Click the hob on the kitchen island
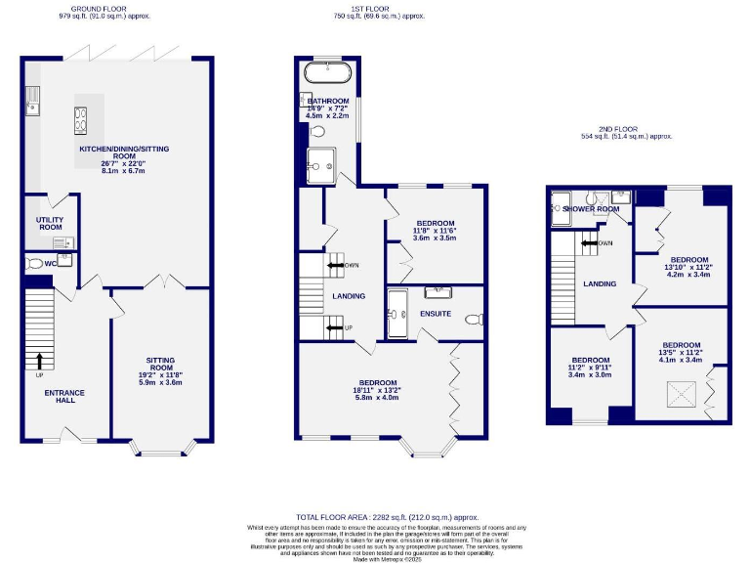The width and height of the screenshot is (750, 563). tap(78, 118)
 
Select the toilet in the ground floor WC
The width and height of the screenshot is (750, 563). tap(36, 263)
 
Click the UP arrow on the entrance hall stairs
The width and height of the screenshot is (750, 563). tap(39, 362)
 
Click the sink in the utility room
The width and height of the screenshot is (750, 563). tap(62, 242)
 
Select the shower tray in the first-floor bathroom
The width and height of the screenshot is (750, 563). tap(319, 165)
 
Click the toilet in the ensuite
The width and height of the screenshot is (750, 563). tap(473, 319)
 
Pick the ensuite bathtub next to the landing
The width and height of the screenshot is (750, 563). tap(395, 316)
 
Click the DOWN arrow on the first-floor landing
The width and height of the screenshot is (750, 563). tap(336, 264)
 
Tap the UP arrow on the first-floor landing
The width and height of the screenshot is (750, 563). tap(336, 327)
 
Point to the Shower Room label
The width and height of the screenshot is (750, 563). tap(591, 208)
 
